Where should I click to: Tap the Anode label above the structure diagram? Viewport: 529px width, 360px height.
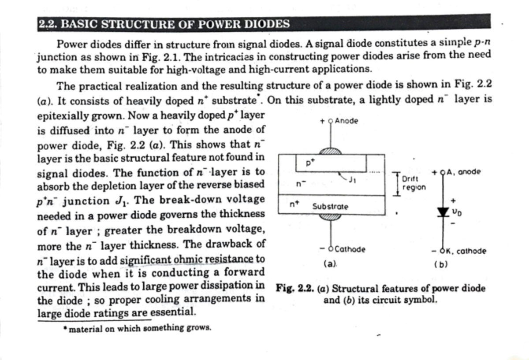346,121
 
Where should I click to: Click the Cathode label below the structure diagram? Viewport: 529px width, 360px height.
350,249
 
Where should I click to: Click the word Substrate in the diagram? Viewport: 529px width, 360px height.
330,206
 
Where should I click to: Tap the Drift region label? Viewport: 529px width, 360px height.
414,183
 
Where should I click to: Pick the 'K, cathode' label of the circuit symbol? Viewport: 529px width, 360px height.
465,251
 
